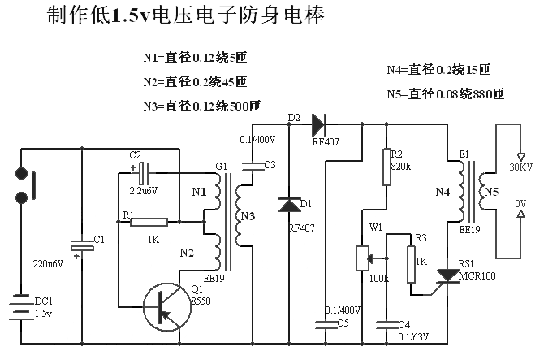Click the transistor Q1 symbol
[x=167, y=307]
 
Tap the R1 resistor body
[x=149, y=222]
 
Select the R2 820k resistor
[x=386, y=167]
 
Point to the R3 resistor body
[x=411, y=265]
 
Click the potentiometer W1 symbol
[x=363, y=258]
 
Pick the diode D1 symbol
[x=289, y=205]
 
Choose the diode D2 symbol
[x=319, y=124]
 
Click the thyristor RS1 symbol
[x=447, y=275]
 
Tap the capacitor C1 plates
[x=82, y=245]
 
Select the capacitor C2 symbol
[x=144, y=173]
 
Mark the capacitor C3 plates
[x=253, y=167]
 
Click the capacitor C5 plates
[x=326, y=325]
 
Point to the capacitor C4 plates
[x=386, y=325]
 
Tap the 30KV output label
[x=520, y=167]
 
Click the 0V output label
[x=520, y=203]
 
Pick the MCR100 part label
[x=477, y=276]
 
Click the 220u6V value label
[x=48, y=264]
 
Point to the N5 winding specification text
[x=446, y=93]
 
